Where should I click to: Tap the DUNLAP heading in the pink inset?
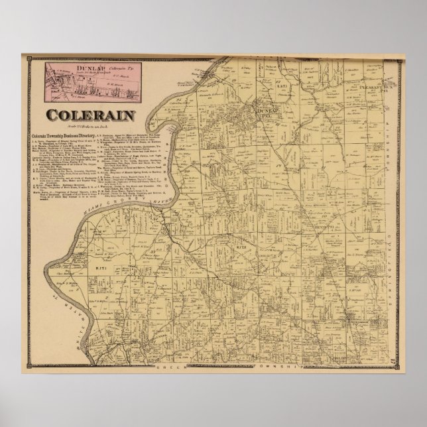pyautogui.click(x=70, y=66)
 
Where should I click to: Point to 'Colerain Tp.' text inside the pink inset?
pyautogui.click(x=103, y=67)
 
